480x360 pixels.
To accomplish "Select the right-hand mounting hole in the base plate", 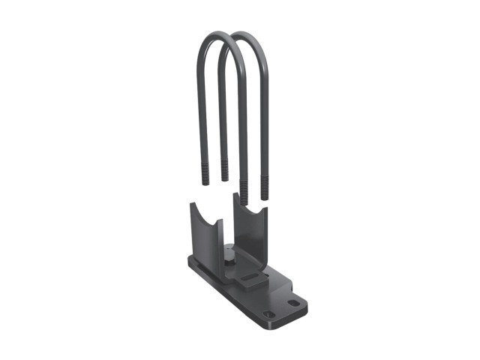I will pos(294,303).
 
